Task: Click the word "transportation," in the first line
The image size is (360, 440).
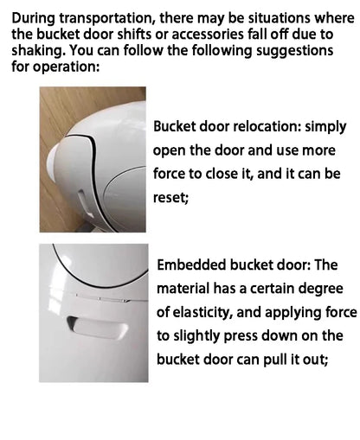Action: (106, 19)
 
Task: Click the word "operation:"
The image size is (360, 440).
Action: (66, 67)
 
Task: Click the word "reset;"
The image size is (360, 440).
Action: (170, 198)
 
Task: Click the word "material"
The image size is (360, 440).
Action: (183, 289)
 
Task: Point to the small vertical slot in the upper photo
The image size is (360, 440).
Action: (85, 203)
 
